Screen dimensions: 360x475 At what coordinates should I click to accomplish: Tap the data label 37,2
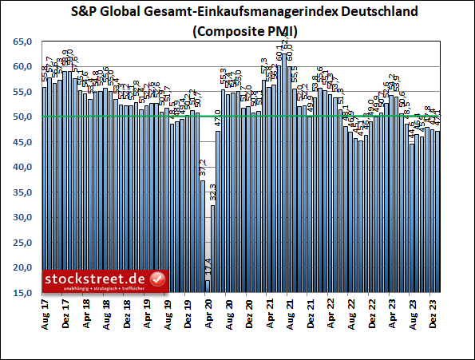point(203,168)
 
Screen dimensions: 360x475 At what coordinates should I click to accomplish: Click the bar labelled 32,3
point(213,248)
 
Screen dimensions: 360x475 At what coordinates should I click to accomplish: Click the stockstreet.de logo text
point(97,278)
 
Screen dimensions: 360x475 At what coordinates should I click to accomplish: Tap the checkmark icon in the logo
point(158,279)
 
